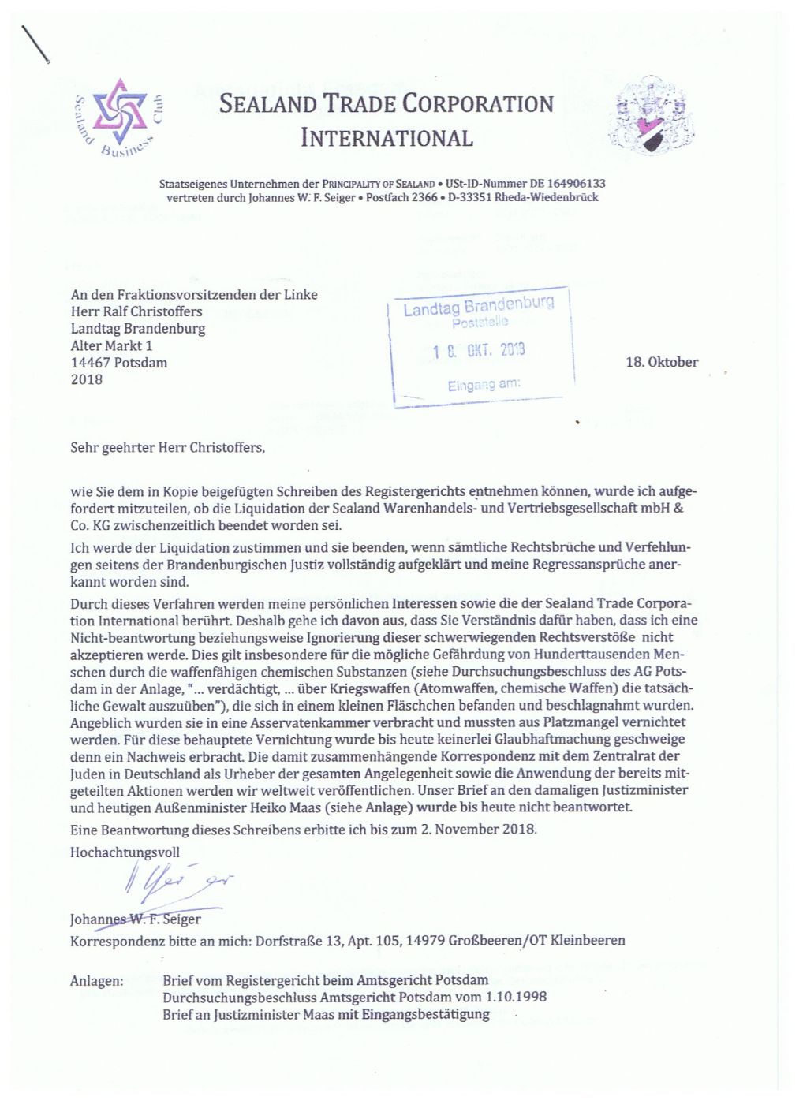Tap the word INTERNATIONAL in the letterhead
[387, 138]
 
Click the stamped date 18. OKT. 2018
[479, 351]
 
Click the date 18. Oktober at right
[661, 362]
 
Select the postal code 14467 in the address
[92, 363]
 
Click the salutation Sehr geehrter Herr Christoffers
[167, 447]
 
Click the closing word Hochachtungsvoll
[125, 852]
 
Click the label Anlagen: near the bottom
[96, 981]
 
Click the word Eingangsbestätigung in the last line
[426, 1014]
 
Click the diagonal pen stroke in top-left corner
[36, 45]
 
